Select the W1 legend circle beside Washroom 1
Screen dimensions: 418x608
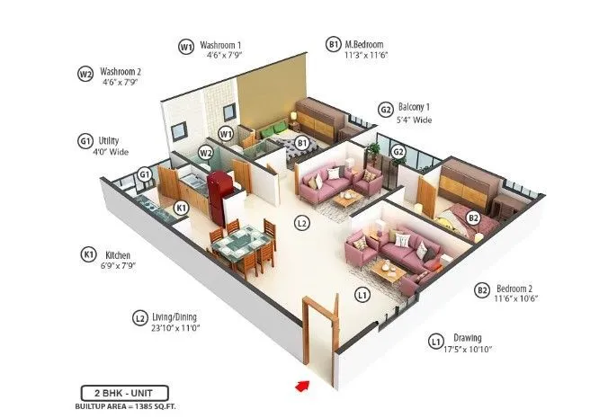pos(186,46)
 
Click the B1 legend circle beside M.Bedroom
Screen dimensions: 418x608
pos(334,44)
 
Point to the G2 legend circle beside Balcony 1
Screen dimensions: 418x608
pos(386,111)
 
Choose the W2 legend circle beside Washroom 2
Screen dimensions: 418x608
pos(86,74)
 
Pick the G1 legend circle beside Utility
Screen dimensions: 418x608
pos(86,141)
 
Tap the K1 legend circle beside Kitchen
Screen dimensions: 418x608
pos(89,255)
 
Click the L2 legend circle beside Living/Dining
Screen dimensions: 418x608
pos(139,317)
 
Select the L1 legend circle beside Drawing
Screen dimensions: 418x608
pos(435,341)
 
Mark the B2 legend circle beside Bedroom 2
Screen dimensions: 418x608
pos(482,289)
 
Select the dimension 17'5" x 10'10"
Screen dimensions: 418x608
pos(468,349)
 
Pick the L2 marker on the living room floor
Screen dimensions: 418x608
pos(302,221)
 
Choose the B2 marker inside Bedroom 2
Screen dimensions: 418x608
pos(473,218)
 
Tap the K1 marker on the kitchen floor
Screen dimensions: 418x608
pos(181,208)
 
